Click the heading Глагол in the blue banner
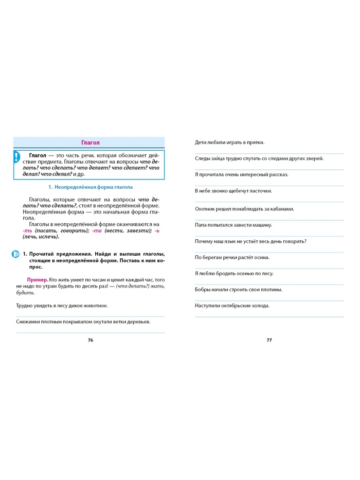pos(91,143)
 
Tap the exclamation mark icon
pos(17,157)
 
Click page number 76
pos(91,340)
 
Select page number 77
pos(269,340)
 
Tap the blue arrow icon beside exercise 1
pos(14,254)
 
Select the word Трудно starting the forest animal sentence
pos(25,305)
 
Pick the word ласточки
pos(259,191)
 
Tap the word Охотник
pos(207,208)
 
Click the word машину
pos(261,225)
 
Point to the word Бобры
pos(203,290)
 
